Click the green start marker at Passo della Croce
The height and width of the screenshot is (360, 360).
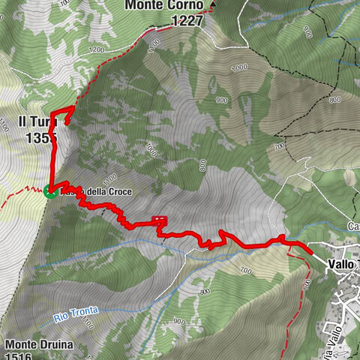tap(50, 191)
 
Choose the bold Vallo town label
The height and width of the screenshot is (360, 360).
tap(343, 263)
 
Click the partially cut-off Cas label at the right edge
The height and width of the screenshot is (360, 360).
tap(353, 226)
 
